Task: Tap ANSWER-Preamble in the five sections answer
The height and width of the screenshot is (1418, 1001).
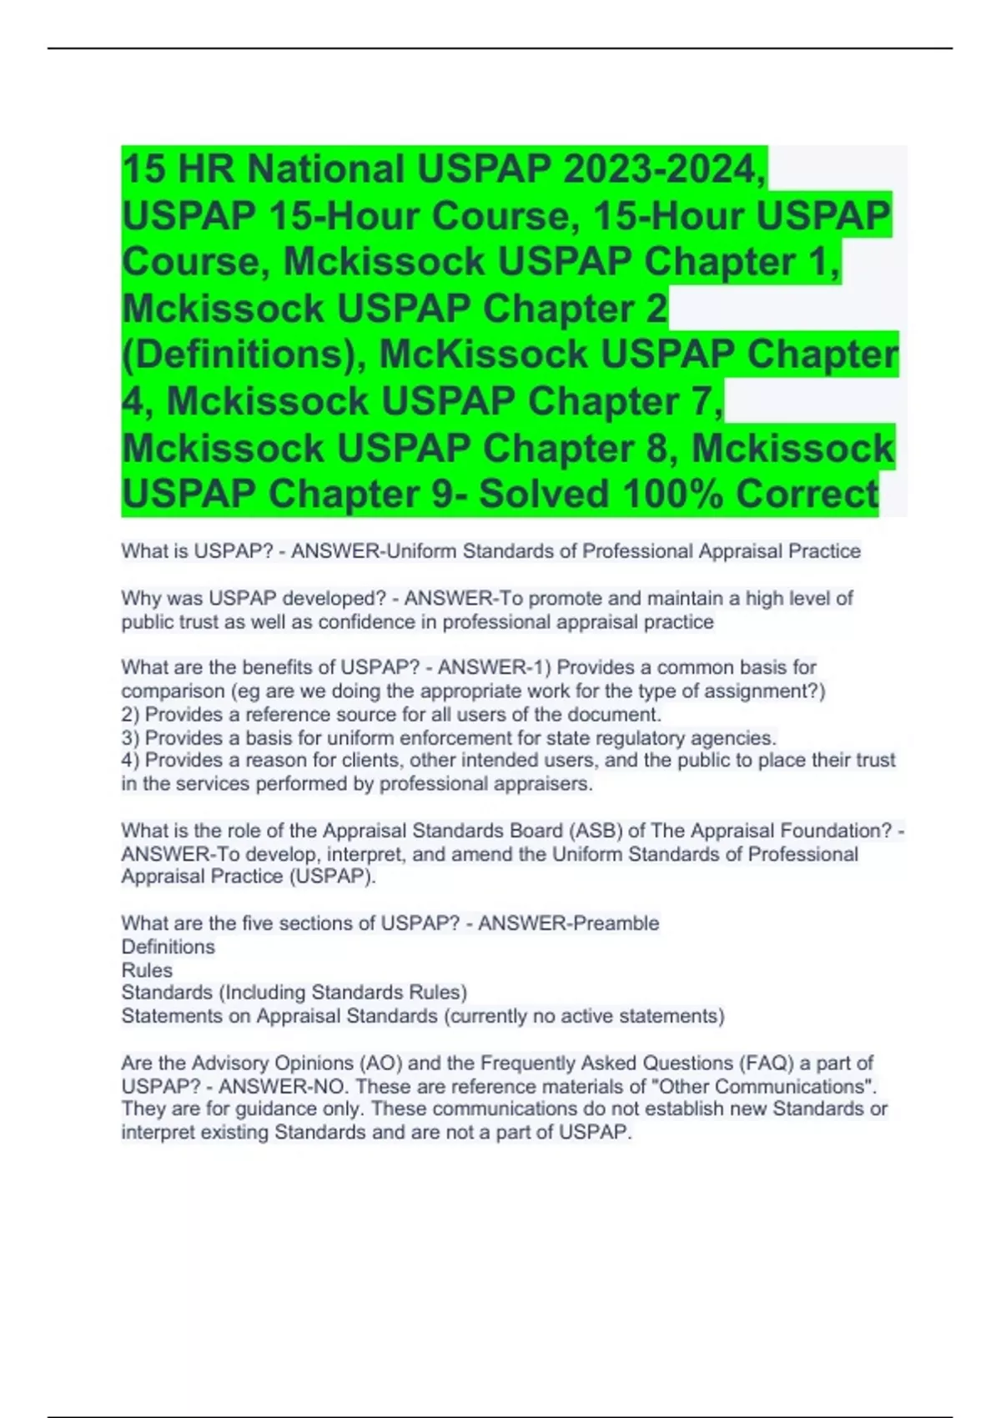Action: point(568,923)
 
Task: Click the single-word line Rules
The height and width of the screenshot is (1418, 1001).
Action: point(147,970)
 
